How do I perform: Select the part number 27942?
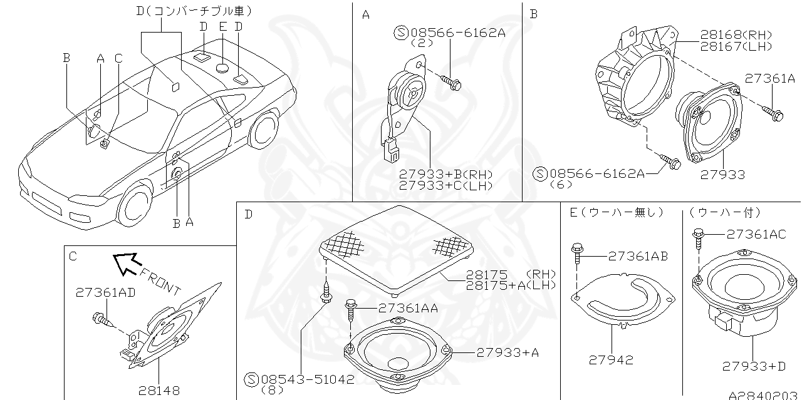click(611, 359)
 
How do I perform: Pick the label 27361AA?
click(408, 307)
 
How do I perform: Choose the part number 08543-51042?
click(307, 379)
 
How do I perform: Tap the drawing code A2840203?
click(764, 395)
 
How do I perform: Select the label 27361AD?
click(105, 292)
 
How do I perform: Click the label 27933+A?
click(508, 352)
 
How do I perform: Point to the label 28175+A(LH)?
click(511, 284)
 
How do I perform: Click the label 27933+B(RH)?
click(446, 175)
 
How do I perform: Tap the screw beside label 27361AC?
click(697, 238)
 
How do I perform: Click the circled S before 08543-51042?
click(251, 379)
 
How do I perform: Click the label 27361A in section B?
click(769, 78)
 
